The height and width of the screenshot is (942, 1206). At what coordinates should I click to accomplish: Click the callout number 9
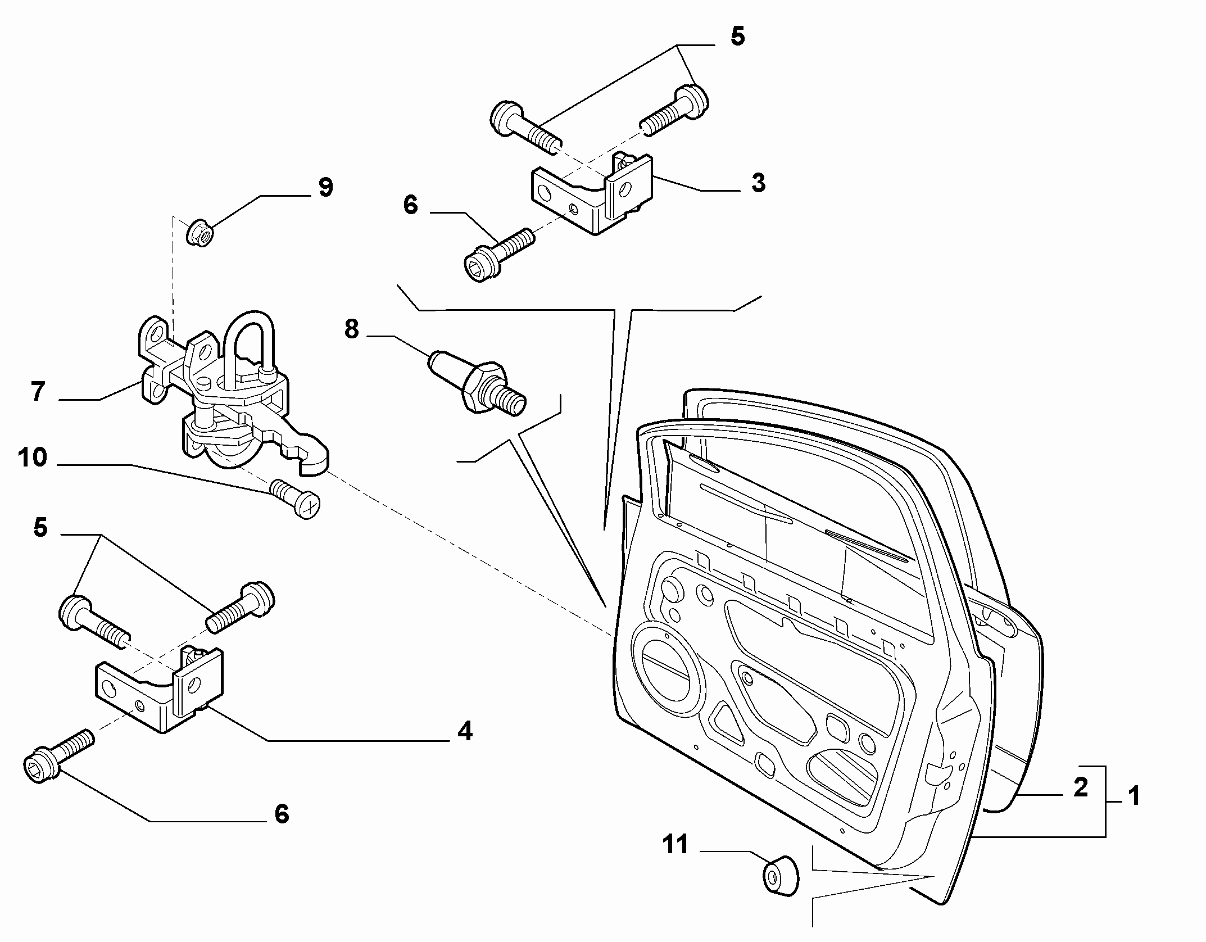[325, 188]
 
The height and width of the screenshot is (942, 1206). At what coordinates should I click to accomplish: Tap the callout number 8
[352, 329]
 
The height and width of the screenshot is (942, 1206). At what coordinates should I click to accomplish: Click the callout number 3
[758, 183]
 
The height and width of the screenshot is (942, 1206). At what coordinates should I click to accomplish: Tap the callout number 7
[38, 392]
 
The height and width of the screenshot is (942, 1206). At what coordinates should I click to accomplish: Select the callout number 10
[33, 458]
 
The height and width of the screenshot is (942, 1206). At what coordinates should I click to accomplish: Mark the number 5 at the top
[737, 37]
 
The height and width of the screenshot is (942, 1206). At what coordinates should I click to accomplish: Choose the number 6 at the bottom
[282, 814]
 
